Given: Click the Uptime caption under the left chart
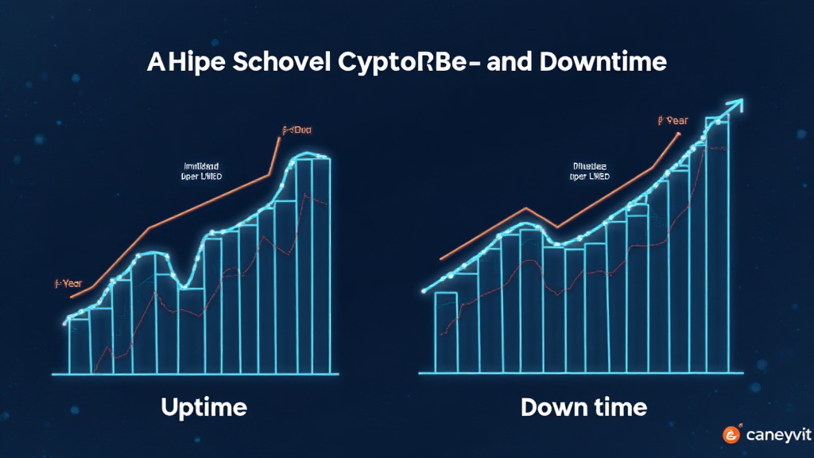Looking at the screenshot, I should pos(203,409).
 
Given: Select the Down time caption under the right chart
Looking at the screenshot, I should pos(583,409).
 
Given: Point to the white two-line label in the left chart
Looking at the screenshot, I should pos(203,172).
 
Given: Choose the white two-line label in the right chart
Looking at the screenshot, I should pos(591,172).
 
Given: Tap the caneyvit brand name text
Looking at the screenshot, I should pos(774,435).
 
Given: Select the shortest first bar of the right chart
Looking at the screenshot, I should pos(445,332).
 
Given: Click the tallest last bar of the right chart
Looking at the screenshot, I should pos(717,246).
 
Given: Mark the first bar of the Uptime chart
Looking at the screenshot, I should pos(79,346).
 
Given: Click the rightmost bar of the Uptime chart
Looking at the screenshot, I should pos(321,266).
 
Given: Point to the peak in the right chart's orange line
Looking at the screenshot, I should pos(525,209).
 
